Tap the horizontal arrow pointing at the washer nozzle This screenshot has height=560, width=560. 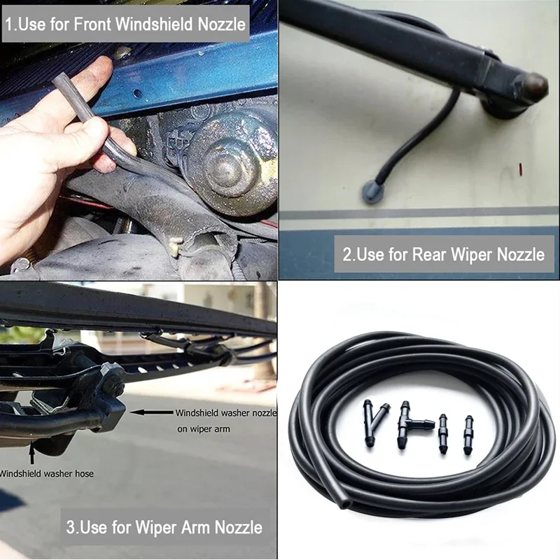[x=151, y=412]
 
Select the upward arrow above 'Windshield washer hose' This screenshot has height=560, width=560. [x=32, y=452]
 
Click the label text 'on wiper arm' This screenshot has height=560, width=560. [x=204, y=429]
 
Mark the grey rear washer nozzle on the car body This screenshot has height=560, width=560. [x=372, y=190]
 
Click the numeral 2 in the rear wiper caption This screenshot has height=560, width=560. [x=346, y=255]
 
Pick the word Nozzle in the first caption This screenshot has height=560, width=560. [x=221, y=24]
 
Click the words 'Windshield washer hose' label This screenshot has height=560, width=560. [x=46, y=474]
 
